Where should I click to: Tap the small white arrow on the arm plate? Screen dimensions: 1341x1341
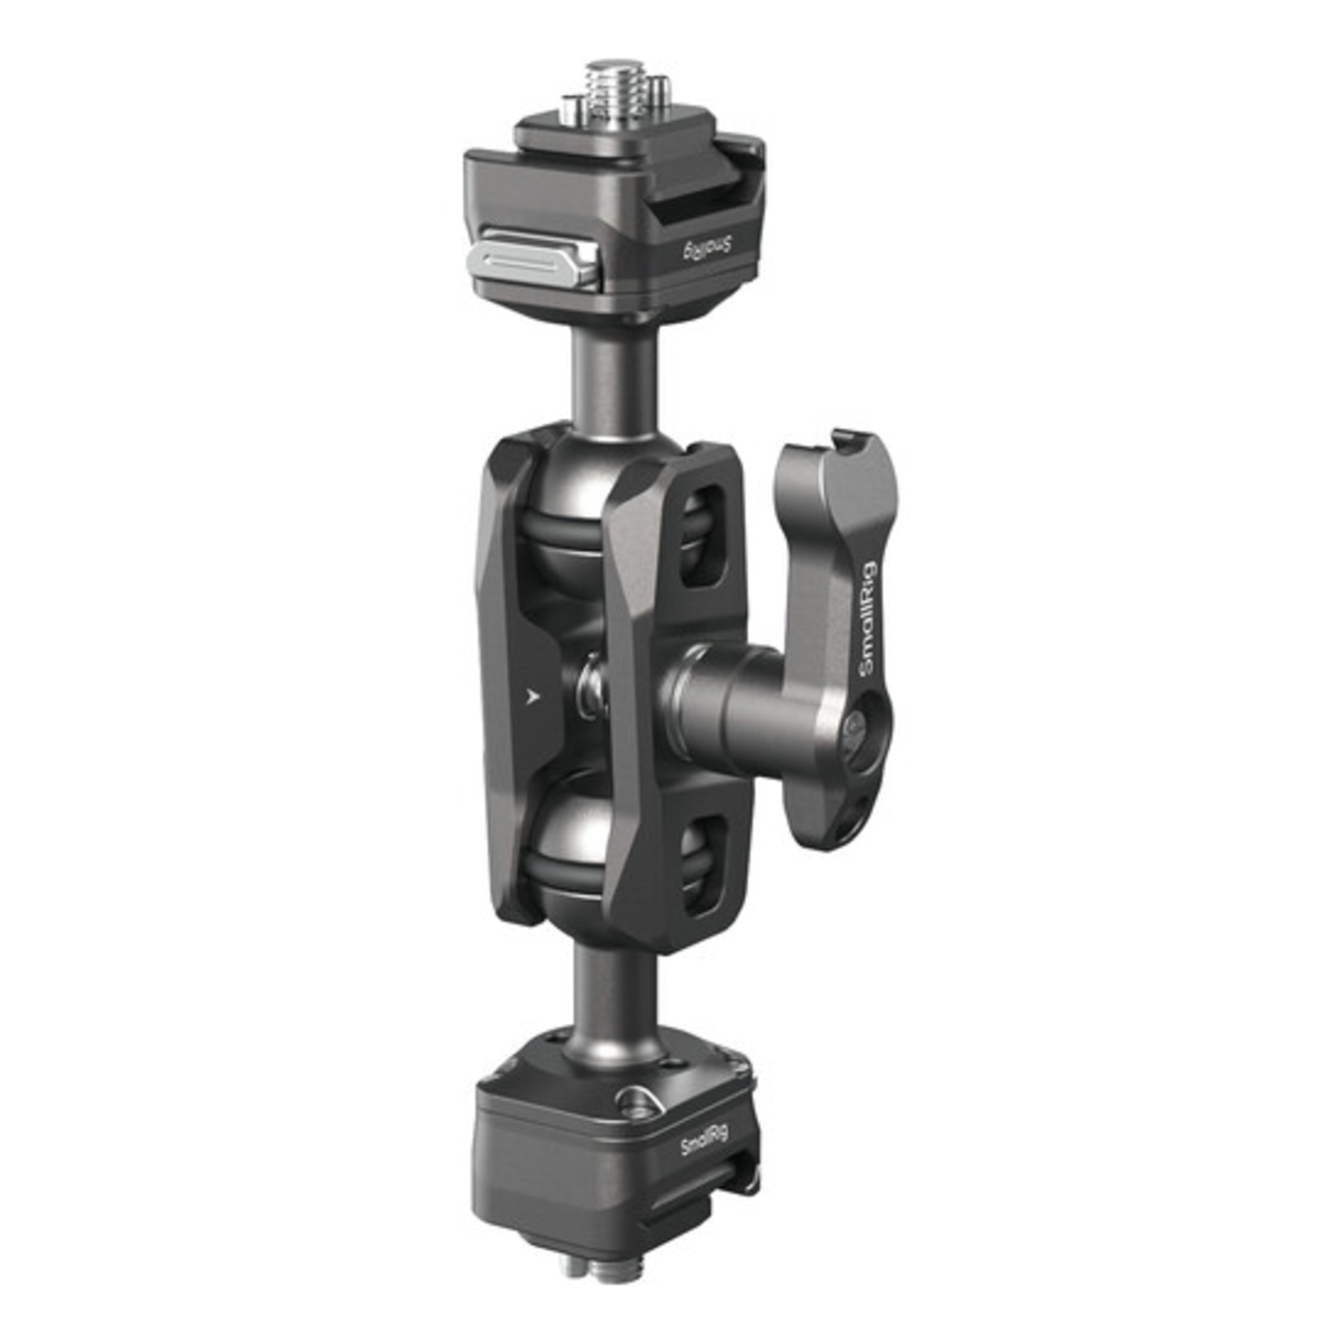533,696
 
